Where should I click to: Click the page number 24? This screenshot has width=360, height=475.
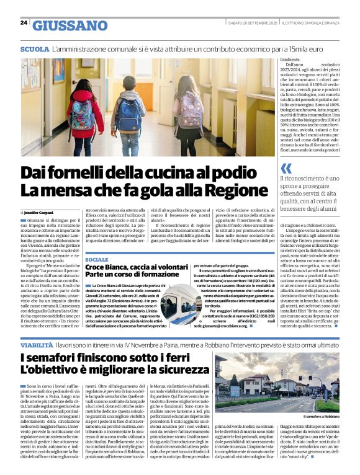(23, 23)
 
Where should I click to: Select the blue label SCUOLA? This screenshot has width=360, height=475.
(34, 48)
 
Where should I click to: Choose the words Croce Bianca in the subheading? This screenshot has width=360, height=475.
(112, 267)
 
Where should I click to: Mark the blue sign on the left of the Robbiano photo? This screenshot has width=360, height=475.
(235, 391)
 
